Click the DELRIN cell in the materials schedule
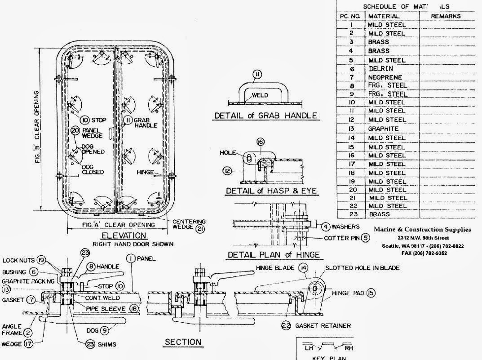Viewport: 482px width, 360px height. pos(380,69)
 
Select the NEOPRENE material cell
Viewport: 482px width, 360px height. pos(385,77)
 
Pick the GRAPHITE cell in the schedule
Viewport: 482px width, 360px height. pos(383,129)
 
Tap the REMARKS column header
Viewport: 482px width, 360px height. pos(446,16)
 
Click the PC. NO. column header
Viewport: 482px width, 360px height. pos(351,16)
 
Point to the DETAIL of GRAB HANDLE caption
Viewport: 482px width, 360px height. pos(265,116)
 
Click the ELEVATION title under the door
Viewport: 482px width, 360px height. pos(124,236)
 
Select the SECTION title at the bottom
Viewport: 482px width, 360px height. pos(183,342)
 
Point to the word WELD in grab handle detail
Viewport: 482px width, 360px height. pos(260,95)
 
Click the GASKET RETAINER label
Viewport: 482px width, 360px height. pos(323,325)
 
